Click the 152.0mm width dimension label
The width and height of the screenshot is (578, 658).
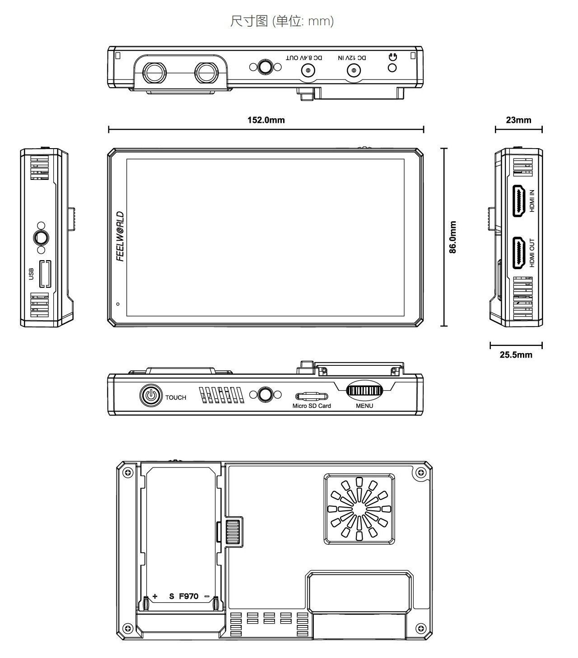(x=266, y=120)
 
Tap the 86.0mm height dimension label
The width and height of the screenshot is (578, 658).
(x=453, y=237)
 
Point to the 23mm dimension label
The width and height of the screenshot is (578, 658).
(x=518, y=120)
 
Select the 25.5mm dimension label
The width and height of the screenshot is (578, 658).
(x=516, y=355)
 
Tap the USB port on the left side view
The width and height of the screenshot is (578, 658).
(x=45, y=274)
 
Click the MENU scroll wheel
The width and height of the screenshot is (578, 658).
(x=364, y=391)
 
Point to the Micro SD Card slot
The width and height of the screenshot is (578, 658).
(x=311, y=396)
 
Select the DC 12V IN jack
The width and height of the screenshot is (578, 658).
(x=353, y=71)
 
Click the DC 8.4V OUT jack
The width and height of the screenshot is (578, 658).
(x=308, y=71)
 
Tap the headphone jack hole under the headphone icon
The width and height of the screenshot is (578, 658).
(x=392, y=68)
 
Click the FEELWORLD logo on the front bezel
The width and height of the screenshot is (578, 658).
(x=120, y=236)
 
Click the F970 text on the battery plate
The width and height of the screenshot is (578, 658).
(x=188, y=596)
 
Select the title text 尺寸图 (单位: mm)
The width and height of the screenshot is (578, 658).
(x=282, y=21)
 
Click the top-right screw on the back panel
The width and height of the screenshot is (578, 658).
(x=421, y=472)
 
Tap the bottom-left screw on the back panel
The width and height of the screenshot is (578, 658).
(x=128, y=628)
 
